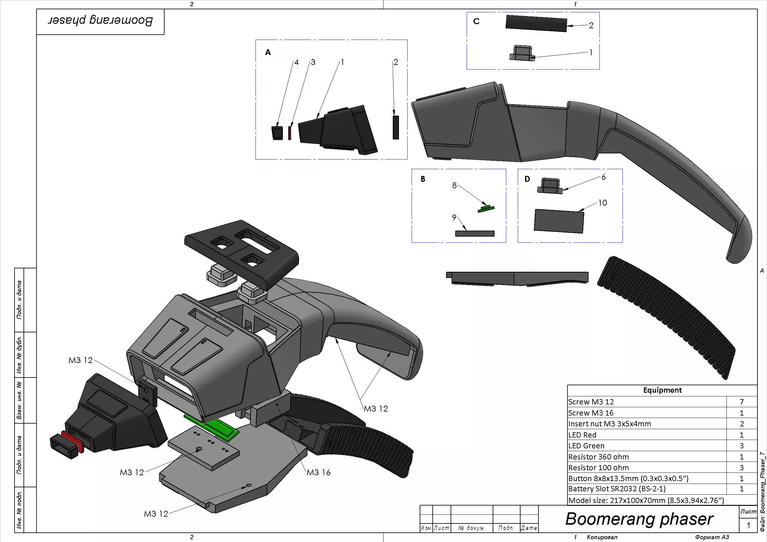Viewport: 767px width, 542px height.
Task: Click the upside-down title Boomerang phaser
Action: click(x=100, y=21)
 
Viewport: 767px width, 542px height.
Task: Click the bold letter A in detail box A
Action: click(x=268, y=53)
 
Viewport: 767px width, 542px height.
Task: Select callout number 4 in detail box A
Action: click(x=296, y=62)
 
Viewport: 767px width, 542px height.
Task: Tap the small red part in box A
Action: click(x=289, y=133)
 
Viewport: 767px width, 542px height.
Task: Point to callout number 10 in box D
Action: click(x=602, y=203)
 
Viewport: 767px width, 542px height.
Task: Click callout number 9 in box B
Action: click(x=454, y=217)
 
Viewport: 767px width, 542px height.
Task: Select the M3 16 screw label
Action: click(x=318, y=472)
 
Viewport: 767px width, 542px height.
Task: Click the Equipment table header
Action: click(x=662, y=390)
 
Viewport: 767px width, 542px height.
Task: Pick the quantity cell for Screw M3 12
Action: click(x=742, y=402)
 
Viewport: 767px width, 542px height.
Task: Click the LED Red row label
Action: click(x=582, y=435)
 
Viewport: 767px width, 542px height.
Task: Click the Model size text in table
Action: click(x=646, y=500)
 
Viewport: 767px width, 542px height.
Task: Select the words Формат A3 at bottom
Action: click(x=712, y=537)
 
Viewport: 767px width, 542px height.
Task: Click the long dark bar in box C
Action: click(x=536, y=23)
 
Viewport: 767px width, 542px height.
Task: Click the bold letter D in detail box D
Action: click(x=527, y=179)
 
